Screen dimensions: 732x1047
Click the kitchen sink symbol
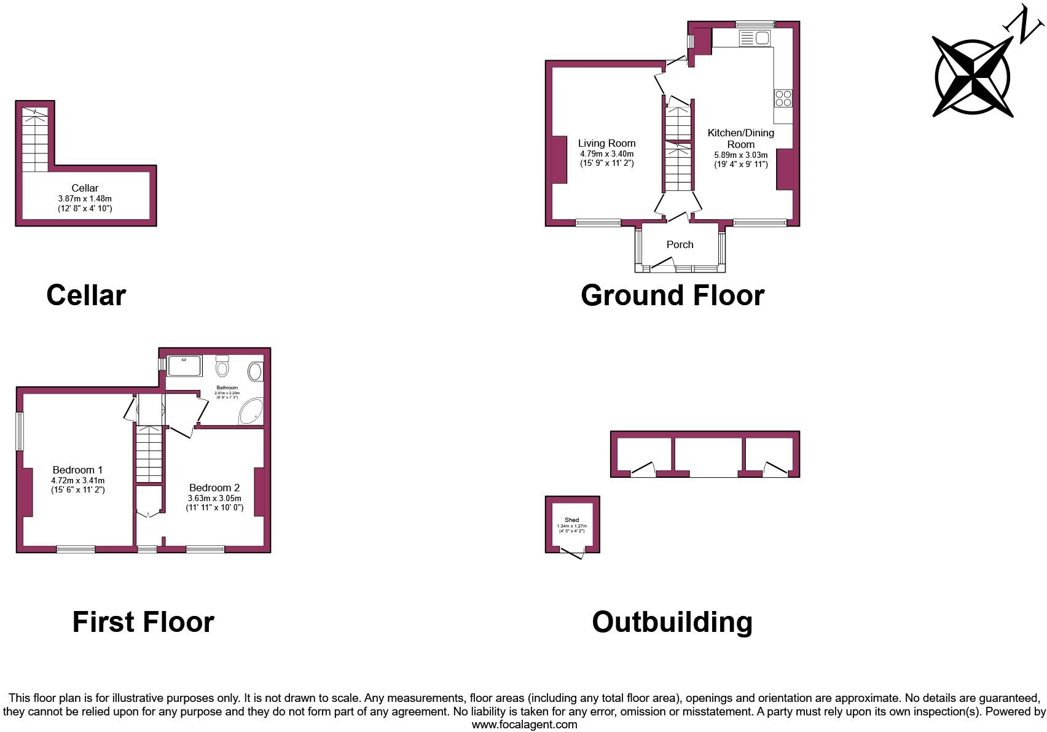click(x=755, y=39)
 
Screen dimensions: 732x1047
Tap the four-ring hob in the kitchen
click(x=783, y=98)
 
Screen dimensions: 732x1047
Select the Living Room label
click(x=606, y=143)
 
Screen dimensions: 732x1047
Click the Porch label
click(x=680, y=244)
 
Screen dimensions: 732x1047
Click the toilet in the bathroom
click(x=222, y=367)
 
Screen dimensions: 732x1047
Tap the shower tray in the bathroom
click(x=184, y=367)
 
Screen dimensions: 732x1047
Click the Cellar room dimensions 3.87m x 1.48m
click(x=85, y=199)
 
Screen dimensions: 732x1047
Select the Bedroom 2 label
click(x=214, y=488)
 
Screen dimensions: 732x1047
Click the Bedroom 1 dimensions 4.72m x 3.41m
click(x=78, y=480)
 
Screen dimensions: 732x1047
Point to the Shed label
click(x=571, y=520)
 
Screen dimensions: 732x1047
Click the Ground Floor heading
click(x=672, y=295)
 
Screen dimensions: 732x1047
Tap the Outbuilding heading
click(x=672, y=622)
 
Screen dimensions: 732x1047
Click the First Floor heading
click(x=143, y=622)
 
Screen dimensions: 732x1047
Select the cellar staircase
click(x=35, y=140)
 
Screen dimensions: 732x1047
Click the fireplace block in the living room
click(x=559, y=160)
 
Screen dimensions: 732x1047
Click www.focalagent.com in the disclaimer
click(x=524, y=725)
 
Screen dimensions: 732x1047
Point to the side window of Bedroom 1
click(x=20, y=431)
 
